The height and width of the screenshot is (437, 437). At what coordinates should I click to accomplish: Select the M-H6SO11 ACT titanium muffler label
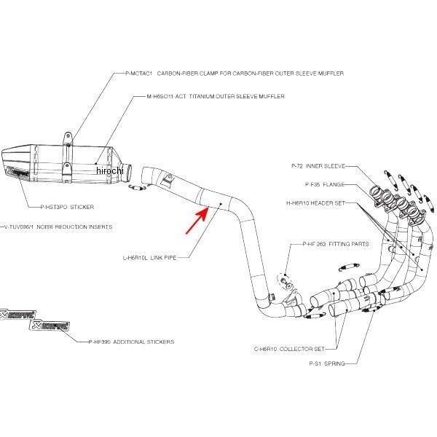[215, 96]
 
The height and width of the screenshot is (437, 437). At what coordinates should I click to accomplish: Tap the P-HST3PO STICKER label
[67, 207]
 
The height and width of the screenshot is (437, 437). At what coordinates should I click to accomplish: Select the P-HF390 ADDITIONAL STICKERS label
[131, 341]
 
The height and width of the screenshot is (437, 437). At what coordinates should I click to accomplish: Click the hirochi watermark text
[110, 170]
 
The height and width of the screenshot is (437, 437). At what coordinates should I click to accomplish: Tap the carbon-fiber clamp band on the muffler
[67, 156]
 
